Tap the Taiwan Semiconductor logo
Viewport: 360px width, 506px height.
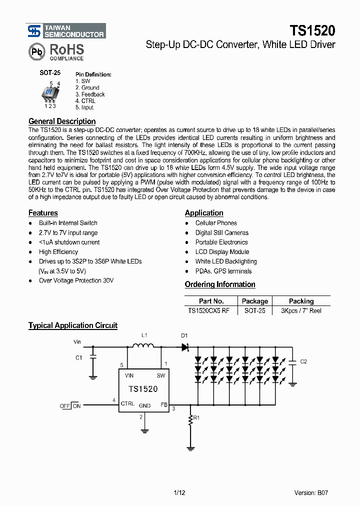click(x=66, y=31)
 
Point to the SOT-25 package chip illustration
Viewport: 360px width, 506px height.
click(x=49, y=93)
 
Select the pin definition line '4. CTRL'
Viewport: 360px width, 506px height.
click(x=85, y=101)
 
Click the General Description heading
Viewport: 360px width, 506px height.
click(x=62, y=121)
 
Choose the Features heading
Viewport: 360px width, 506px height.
click(x=43, y=213)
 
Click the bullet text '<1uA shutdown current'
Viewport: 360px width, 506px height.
click(x=69, y=242)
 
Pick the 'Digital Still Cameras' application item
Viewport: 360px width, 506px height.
click(x=221, y=233)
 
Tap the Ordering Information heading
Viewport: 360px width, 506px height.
click(x=220, y=284)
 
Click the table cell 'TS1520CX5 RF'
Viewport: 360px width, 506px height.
click(x=209, y=310)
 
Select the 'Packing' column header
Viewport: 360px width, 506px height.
click(x=301, y=301)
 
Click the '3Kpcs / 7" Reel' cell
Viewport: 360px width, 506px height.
click(x=301, y=310)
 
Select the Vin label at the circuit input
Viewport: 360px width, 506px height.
click(x=77, y=342)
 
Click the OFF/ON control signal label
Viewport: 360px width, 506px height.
click(x=70, y=406)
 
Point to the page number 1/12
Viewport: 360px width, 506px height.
click(x=179, y=492)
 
